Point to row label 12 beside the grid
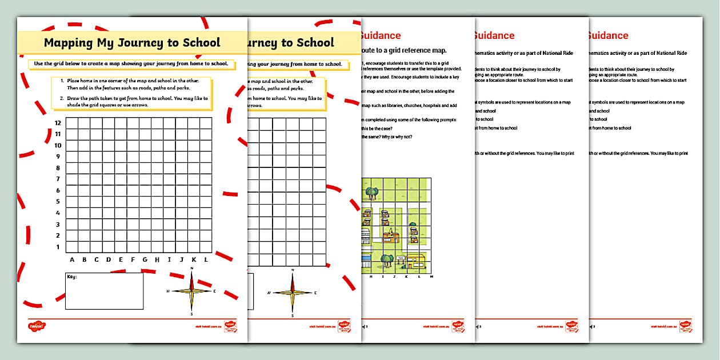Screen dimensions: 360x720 [x=57, y=123]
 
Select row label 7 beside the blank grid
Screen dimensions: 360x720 [x=58, y=179]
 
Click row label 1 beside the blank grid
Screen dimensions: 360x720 [x=58, y=247]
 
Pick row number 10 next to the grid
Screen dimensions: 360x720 [x=57, y=146]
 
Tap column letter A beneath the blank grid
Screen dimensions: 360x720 [x=72, y=260]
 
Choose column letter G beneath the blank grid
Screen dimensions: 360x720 [x=145, y=260]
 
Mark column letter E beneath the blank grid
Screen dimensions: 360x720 [x=121, y=260]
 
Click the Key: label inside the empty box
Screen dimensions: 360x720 [x=72, y=277]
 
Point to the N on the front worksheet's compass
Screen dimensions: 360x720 [x=192, y=268]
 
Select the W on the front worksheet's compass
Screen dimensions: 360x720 [x=168, y=291]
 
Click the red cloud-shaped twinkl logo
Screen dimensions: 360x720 [x=37, y=327]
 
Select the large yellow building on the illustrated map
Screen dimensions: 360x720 [x=415, y=261]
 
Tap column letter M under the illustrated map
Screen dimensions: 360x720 [x=431, y=276]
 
